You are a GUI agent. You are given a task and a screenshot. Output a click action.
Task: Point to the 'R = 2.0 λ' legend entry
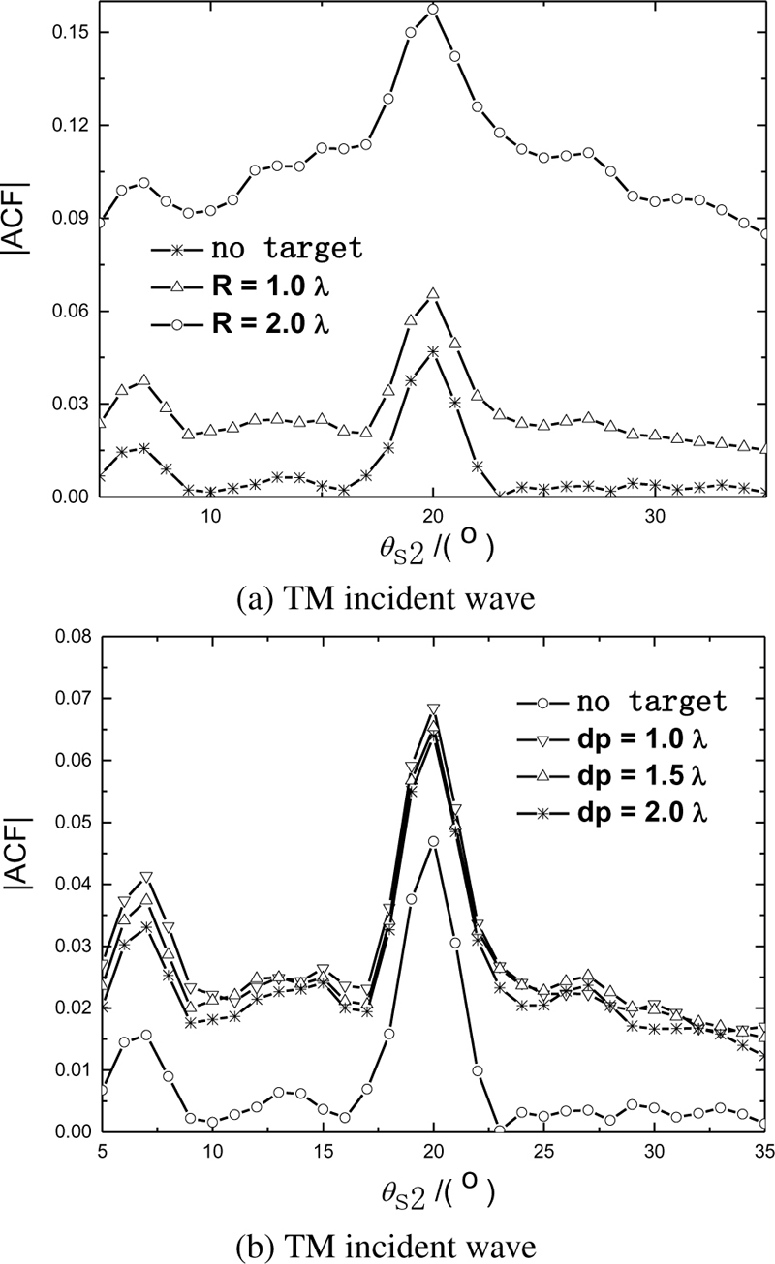266,322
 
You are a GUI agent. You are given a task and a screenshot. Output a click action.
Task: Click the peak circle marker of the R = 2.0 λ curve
433,10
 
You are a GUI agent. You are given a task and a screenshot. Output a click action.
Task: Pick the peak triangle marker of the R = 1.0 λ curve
433,294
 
